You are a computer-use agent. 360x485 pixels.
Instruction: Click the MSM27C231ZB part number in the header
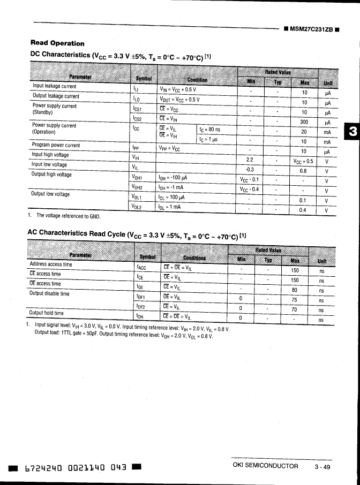[x=312, y=29]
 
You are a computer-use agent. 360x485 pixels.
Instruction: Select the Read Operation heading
[x=57, y=43]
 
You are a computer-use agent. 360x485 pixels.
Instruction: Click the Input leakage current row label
[x=55, y=86]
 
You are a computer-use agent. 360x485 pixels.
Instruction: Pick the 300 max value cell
[x=303, y=122]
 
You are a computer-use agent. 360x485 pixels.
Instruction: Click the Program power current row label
[x=56, y=145]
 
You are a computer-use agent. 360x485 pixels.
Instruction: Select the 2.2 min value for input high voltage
[x=249, y=160]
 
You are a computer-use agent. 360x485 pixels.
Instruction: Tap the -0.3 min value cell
[x=249, y=170]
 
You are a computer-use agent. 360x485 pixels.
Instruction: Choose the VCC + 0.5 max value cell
[x=303, y=161]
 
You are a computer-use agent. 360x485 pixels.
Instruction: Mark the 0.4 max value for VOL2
[x=303, y=210]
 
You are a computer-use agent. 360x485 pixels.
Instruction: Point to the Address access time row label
[x=51, y=264]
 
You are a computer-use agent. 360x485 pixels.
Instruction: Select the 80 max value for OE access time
[x=294, y=290]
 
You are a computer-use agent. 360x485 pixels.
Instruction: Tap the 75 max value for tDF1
[x=294, y=300]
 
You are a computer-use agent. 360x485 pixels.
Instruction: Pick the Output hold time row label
[x=47, y=313]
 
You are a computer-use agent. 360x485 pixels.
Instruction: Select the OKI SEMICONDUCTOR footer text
[x=266, y=466]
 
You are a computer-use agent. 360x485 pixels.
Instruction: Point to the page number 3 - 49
[x=322, y=466]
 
